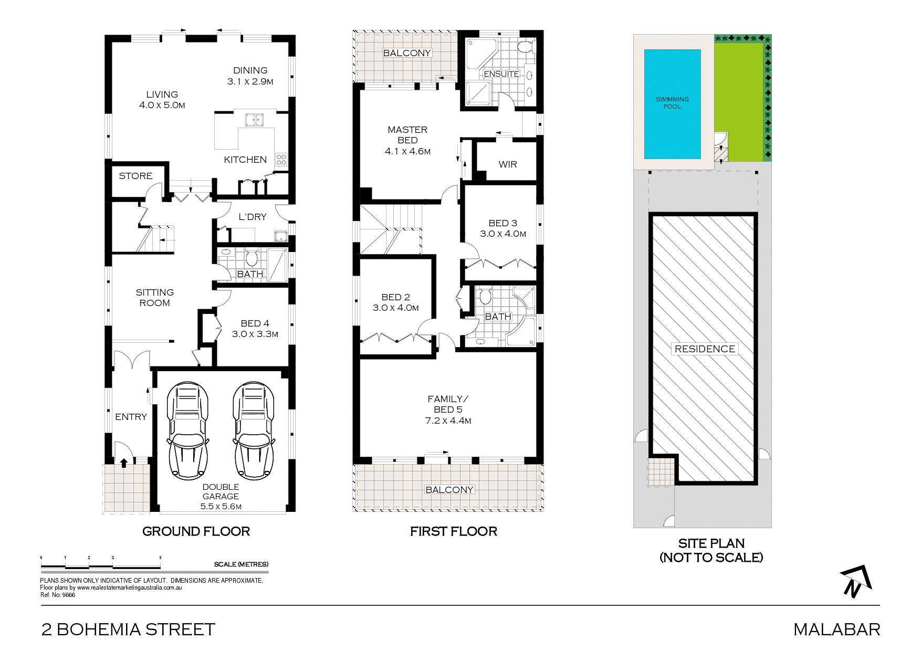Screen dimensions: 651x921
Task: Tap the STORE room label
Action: coord(135,176)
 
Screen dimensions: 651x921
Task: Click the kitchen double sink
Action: coord(255,120)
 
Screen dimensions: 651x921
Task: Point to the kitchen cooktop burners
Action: coord(281,159)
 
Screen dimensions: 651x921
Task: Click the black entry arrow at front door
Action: coord(124,463)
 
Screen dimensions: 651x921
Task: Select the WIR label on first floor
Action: coord(507,164)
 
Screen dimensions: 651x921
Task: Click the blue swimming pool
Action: coord(672,104)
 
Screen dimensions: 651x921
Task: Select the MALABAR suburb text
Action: coord(836,629)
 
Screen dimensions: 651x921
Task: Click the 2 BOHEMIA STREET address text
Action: coord(129,629)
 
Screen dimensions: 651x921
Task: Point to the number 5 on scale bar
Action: coord(160,558)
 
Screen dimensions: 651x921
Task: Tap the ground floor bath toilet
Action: coord(251,258)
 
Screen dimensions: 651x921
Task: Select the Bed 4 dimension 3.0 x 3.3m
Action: coord(255,334)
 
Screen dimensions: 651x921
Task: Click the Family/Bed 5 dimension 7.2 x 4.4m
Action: coord(448,421)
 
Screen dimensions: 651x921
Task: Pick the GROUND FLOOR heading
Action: coord(196,531)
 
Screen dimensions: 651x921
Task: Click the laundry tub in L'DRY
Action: coord(280,236)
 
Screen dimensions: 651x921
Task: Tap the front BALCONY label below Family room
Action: coord(449,490)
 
